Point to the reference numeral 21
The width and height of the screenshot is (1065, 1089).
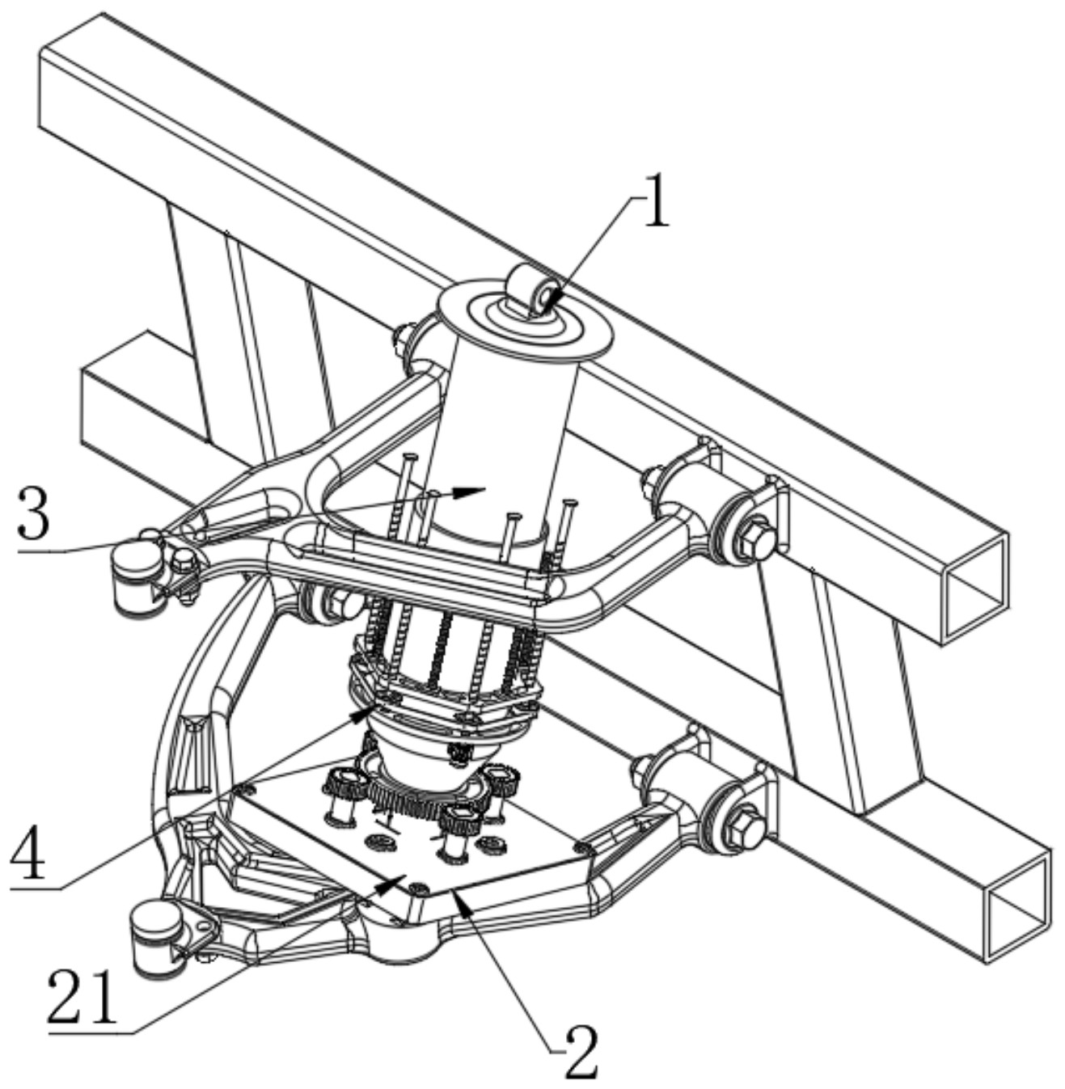[82, 997]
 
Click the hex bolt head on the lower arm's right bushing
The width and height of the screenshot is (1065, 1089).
[747, 829]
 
